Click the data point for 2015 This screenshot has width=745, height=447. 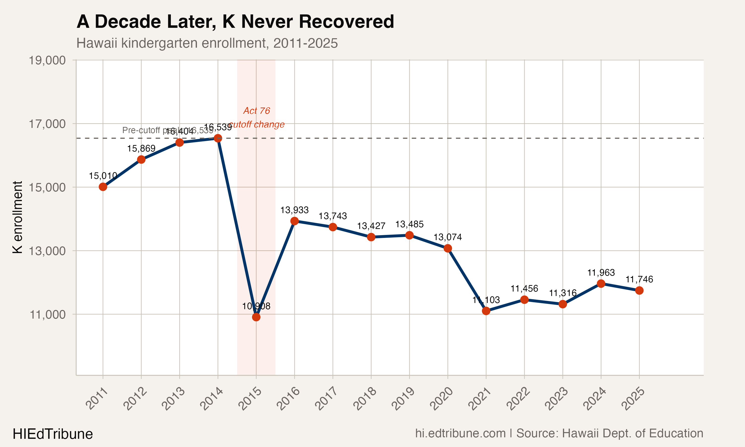click(x=256, y=317)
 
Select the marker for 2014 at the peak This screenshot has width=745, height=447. click(x=218, y=138)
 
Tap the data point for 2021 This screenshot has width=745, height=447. click(x=486, y=311)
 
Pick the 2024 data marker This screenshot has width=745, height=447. click(x=601, y=283)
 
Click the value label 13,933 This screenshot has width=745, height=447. click(x=294, y=210)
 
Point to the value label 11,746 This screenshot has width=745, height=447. click(x=639, y=279)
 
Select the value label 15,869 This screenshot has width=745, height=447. click(x=141, y=148)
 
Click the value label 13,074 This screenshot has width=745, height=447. click(x=447, y=237)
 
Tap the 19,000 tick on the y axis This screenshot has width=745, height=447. click(x=47, y=60)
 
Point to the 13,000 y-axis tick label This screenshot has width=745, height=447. click(x=47, y=251)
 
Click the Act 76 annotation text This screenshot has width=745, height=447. click(x=256, y=111)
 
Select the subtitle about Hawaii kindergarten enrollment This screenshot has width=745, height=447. click(x=207, y=43)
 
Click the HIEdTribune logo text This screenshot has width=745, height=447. click(x=53, y=434)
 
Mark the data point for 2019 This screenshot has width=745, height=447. click(x=409, y=235)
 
